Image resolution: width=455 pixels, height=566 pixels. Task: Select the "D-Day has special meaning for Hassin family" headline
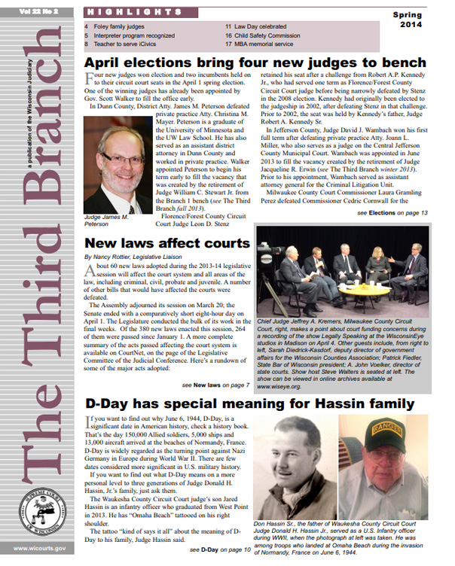click(x=249, y=403)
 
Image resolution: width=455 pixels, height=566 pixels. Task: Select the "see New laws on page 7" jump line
click(x=220, y=385)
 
